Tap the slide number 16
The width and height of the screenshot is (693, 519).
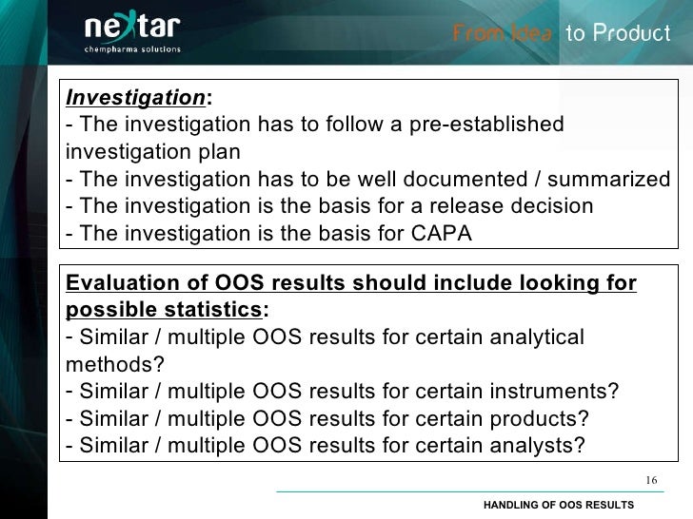pyautogui.click(x=651, y=479)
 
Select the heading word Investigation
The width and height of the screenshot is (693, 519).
pyautogui.click(x=135, y=97)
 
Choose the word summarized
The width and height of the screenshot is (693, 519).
pyautogui.click(x=612, y=180)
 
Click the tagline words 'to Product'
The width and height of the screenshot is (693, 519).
pyautogui.click(x=618, y=33)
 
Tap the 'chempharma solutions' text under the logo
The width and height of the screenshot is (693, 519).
pyautogui.click(x=132, y=49)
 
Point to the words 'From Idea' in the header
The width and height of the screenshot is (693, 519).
pyautogui.click(x=503, y=33)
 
